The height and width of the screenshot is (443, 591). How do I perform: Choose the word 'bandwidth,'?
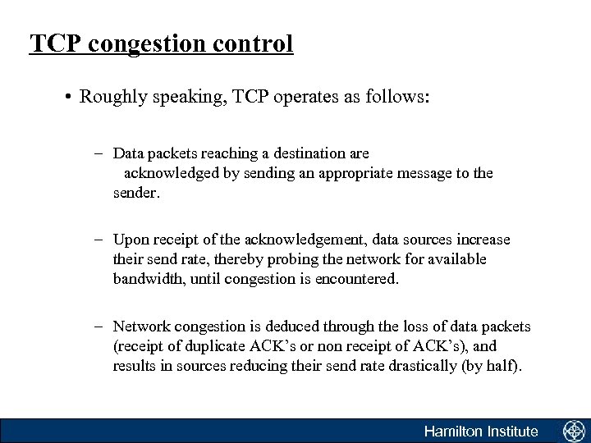point(148,279)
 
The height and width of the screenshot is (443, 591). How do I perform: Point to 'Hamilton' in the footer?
point(452,432)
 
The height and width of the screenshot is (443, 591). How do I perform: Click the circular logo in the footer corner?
point(573,431)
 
